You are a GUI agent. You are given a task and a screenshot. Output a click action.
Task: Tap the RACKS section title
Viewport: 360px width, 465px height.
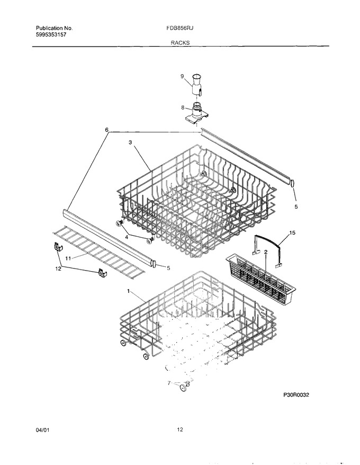tap(180, 43)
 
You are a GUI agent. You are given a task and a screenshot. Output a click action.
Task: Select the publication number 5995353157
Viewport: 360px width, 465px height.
tap(51, 34)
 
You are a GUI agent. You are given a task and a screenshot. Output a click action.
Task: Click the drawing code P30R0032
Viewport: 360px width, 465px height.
tap(295, 395)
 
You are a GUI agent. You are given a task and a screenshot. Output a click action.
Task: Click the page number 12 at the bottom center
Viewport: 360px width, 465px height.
tap(180, 430)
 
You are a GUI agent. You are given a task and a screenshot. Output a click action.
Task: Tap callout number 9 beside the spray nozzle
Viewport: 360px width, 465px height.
tap(182, 76)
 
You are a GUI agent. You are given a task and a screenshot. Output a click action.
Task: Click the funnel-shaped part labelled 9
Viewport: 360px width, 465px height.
tap(197, 85)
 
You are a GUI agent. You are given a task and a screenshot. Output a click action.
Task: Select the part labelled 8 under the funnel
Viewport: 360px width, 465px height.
tap(195, 113)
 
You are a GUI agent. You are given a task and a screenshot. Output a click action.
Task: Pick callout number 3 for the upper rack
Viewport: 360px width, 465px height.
tap(130, 142)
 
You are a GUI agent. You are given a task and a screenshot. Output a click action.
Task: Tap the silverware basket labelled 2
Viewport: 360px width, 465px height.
tap(262, 277)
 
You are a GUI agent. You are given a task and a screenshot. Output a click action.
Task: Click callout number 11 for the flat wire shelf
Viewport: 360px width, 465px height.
tap(68, 258)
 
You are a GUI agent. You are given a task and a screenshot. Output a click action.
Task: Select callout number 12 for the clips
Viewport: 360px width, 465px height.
tap(59, 269)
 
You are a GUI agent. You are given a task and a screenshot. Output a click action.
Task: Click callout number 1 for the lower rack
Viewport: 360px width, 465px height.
tap(129, 291)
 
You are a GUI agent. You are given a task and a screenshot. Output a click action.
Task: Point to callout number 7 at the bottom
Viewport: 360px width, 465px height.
tap(169, 383)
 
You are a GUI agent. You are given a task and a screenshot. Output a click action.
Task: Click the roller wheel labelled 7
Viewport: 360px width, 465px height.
tap(184, 388)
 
